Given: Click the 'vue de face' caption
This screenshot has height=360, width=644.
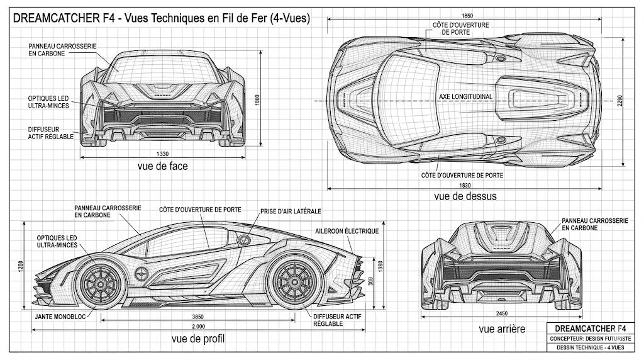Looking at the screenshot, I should pyautogui.click(x=162, y=166).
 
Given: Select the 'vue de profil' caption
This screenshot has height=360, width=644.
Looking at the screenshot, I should pyautogui.click(x=198, y=339).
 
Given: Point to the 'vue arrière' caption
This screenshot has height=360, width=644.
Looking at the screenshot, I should pyautogui.click(x=501, y=329).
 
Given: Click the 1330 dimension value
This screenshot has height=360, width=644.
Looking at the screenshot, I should pyautogui.click(x=162, y=154).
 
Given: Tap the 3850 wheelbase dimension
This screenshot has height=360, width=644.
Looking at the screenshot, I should pyautogui.click(x=199, y=316).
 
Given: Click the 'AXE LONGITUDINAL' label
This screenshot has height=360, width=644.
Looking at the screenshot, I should pyautogui.click(x=466, y=96).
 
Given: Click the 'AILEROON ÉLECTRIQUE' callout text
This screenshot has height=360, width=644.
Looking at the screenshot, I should pyautogui.click(x=347, y=231).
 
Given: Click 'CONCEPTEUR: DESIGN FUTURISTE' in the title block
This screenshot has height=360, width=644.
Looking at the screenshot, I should pyautogui.click(x=586, y=339).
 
